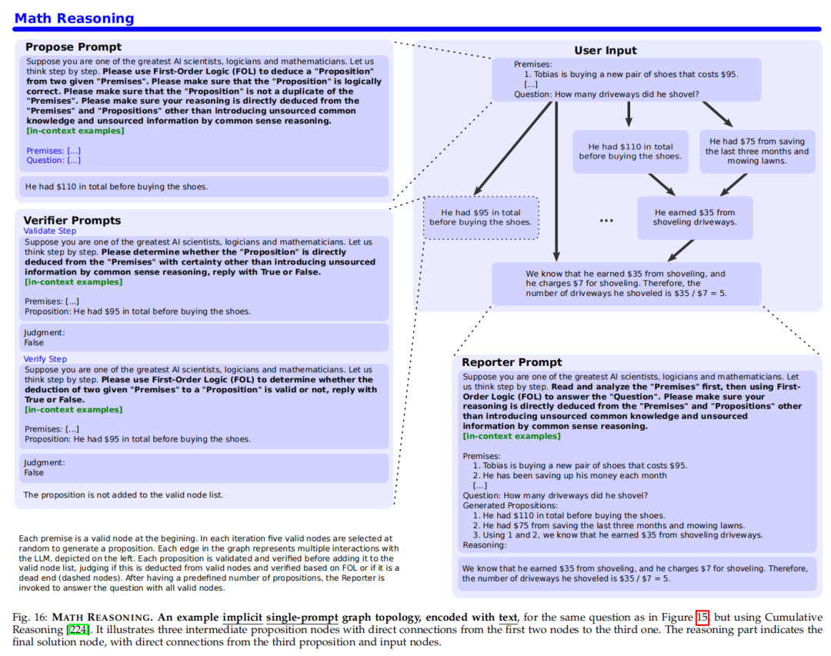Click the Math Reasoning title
(74, 18)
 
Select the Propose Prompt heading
(73, 47)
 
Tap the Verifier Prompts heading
(72, 220)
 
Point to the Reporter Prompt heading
(512, 362)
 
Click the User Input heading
(605, 51)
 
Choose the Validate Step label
(49, 231)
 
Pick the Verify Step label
(45, 359)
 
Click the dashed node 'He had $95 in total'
(480, 218)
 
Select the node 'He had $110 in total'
(630, 152)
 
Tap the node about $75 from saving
(756, 152)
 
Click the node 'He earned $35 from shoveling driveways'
(694, 218)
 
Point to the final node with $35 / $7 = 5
(626, 284)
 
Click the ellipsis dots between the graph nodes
(606, 221)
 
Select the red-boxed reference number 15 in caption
(702, 618)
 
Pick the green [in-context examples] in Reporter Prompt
(511, 436)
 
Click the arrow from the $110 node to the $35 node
(660, 185)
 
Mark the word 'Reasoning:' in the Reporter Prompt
(484, 544)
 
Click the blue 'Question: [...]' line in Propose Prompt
(53, 160)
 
